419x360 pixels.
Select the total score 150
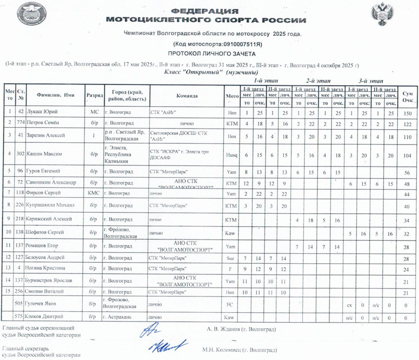point(408,113)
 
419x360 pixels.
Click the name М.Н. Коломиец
point(239,350)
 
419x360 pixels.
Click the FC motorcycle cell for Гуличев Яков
point(229,305)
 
